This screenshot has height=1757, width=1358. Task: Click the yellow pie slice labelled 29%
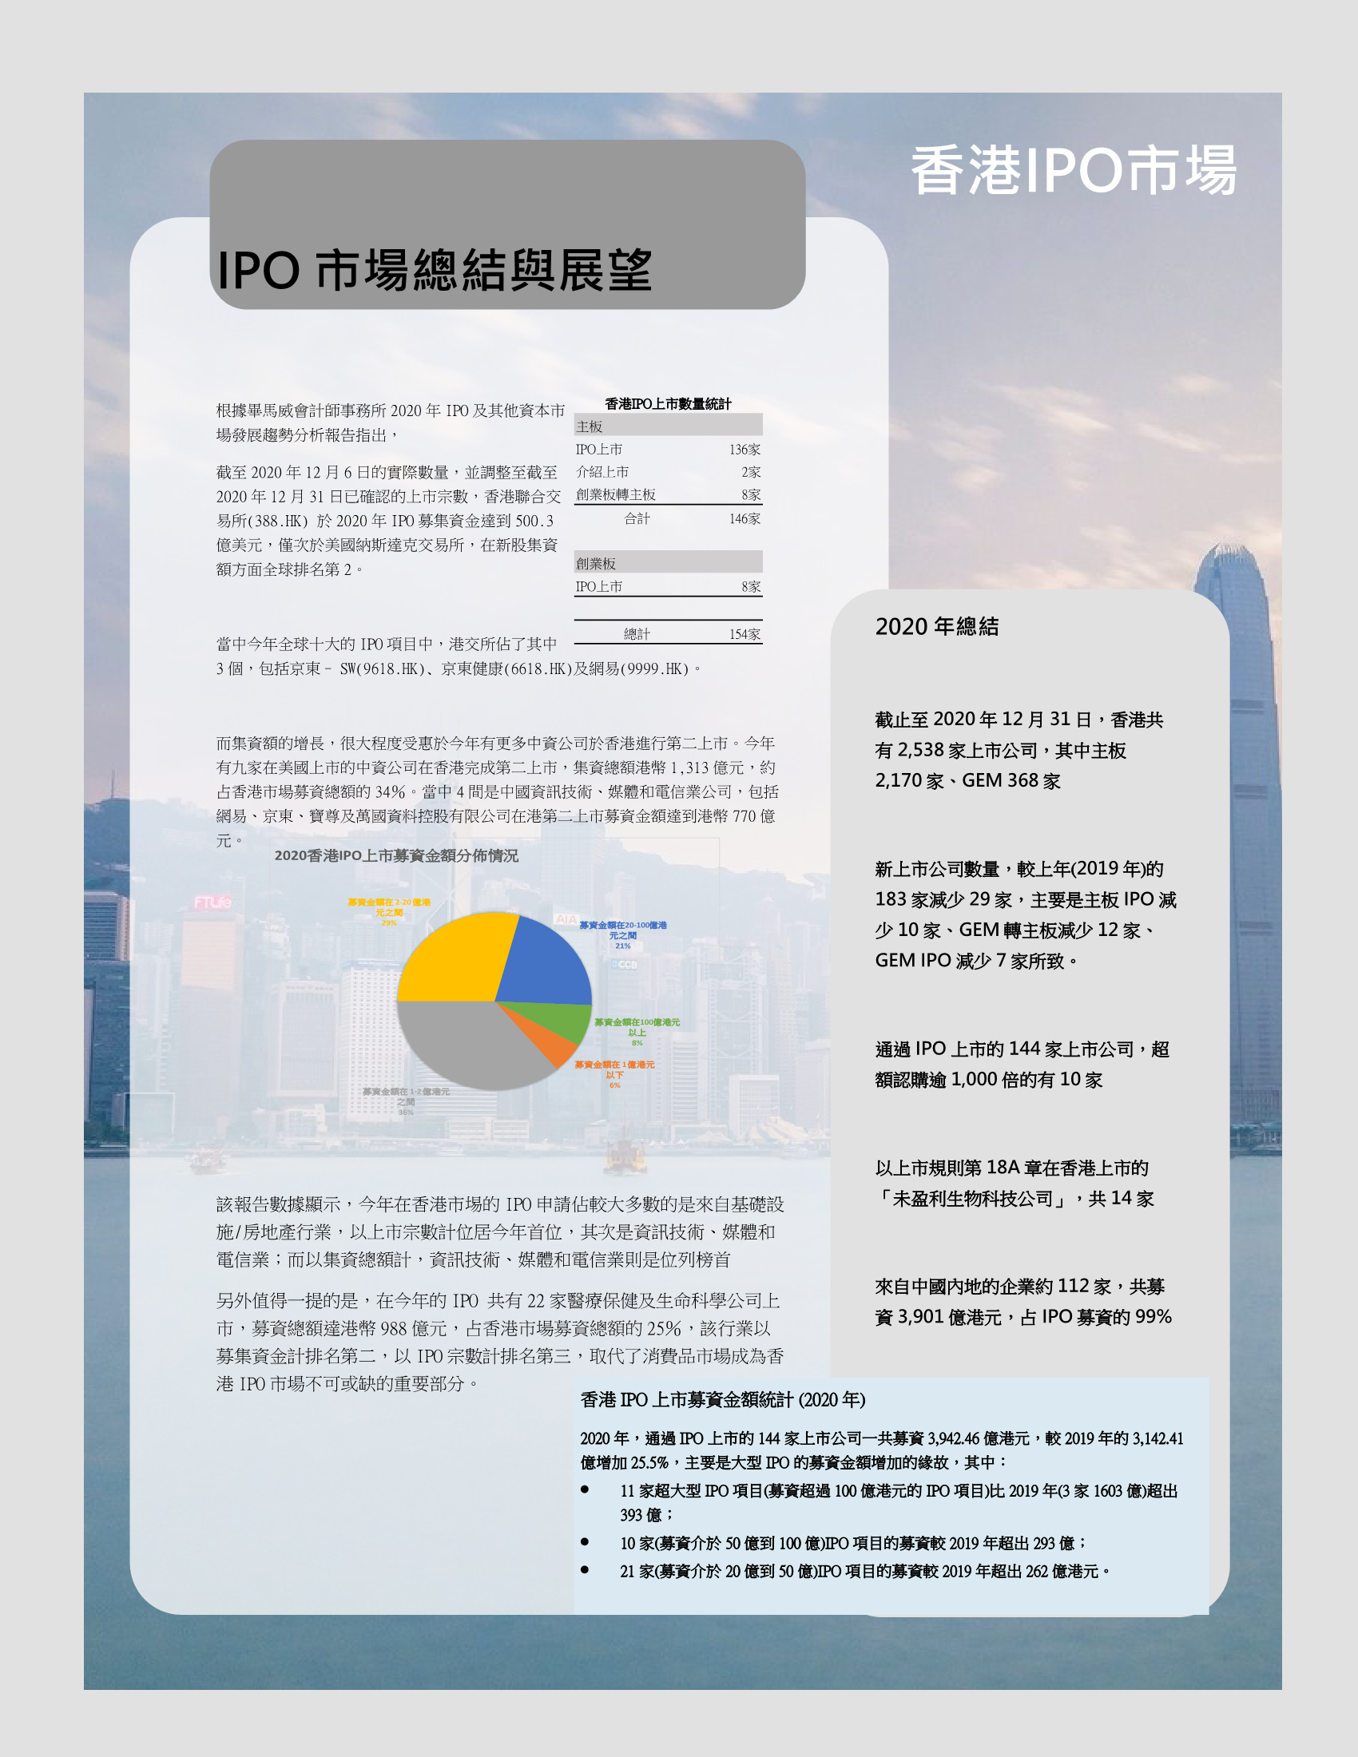point(455,958)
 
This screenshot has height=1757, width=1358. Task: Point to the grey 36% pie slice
point(467,1041)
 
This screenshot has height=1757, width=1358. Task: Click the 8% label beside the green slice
point(637,1042)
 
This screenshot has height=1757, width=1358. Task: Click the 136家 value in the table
point(745,450)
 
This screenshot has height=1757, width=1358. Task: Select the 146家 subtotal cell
point(745,519)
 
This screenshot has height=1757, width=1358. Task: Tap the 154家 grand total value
point(745,634)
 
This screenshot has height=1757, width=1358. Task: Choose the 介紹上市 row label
point(602,472)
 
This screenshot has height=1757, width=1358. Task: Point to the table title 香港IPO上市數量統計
point(668,404)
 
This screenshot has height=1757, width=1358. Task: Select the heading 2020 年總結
point(936,627)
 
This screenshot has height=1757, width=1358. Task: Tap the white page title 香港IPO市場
point(1073,171)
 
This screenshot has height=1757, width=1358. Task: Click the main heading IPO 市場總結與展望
point(435,270)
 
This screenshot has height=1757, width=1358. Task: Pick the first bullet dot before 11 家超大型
point(585,1490)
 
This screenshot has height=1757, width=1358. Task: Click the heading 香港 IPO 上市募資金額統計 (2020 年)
point(722,1400)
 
